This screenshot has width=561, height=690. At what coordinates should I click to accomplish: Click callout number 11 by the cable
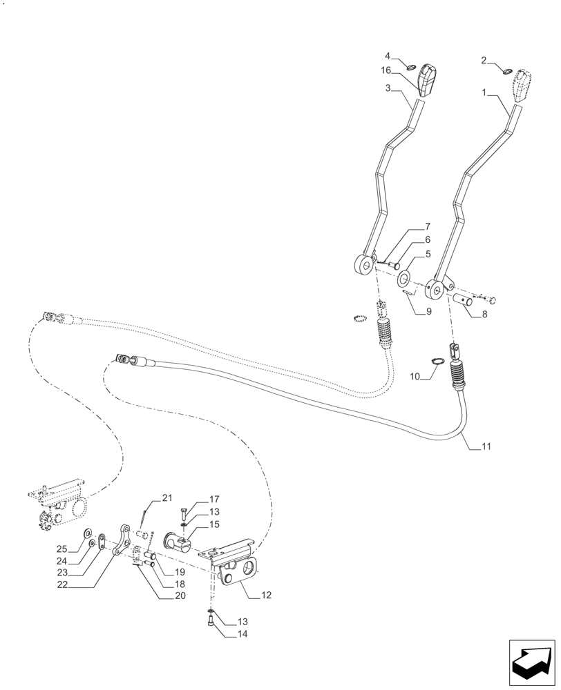point(486,447)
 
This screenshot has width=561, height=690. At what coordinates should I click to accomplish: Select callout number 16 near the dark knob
point(386,70)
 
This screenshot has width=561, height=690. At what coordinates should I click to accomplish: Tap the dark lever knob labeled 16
point(429,81)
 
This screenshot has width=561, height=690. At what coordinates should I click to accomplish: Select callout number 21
point(167,497)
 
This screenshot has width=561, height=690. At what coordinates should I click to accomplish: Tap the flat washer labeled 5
point(403,278)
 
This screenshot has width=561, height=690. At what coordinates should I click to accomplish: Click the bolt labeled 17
point(184,513)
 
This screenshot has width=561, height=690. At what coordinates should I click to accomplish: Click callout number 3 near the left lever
point(389,88)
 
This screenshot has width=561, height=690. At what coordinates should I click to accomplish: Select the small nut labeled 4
point(409,67)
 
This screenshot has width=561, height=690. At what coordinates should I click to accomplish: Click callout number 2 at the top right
point(484,60)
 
